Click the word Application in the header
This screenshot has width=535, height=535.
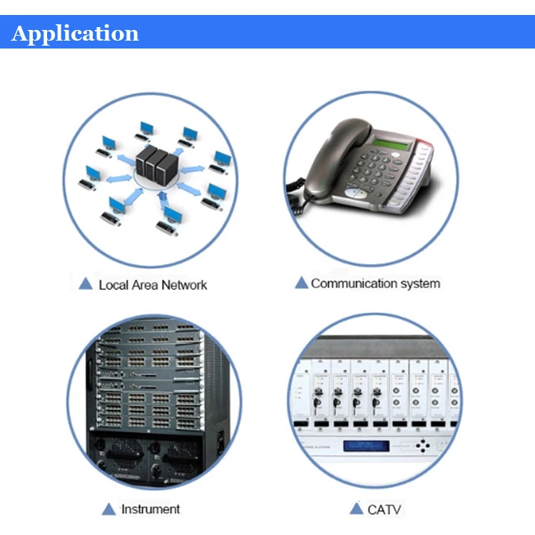pos(75,34)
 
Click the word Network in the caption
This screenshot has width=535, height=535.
pos(183,285)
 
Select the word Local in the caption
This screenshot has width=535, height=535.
pos(114,285)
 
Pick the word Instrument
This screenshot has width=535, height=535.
pos(151,509)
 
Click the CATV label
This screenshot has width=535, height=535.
pos(384,509)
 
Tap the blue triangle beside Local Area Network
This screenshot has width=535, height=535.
pos(86,284)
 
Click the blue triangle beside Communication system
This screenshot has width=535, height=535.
pos(302,283)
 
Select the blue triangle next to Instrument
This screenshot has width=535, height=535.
pos(108,509)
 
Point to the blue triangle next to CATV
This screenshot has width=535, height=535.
pos(357,509)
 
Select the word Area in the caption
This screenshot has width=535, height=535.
pos(145,285)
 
